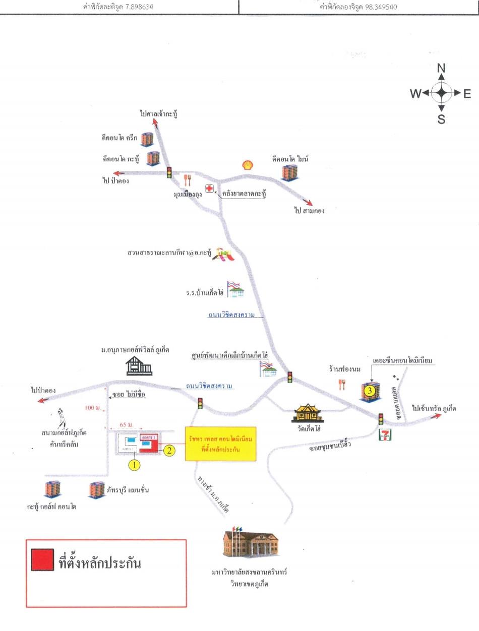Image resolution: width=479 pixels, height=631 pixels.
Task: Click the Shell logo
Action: (248, 165)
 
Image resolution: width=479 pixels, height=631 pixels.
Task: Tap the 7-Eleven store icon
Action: (385, 435)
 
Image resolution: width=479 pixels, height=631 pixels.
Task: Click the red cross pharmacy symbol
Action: (209, 188)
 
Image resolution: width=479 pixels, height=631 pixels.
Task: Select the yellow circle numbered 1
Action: (134, 465)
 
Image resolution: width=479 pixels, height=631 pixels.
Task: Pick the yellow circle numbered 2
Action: (169, 451)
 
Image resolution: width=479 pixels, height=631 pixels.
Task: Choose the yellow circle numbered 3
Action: (370, 390)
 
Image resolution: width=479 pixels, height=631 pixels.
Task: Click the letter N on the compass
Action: (441, 68)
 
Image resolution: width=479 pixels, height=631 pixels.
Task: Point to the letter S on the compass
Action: (441, 119)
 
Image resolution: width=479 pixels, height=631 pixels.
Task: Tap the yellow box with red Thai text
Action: (220, 444)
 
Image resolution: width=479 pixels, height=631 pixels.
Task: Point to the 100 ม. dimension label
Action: (94, 407)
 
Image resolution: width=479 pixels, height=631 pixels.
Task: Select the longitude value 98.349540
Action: (373, 7)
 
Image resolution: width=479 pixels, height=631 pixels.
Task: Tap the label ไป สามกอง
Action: (310, 211)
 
